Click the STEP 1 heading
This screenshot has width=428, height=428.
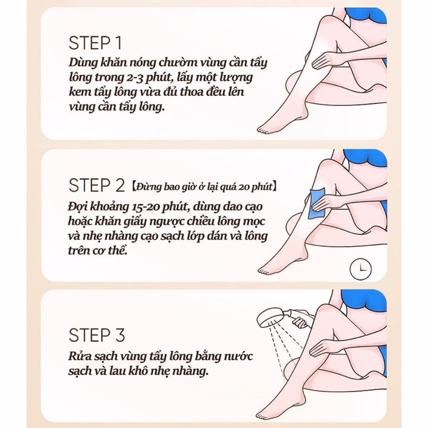coord(95,43)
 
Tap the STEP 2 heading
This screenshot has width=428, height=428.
coord(97,185)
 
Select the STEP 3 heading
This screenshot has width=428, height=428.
coord(97,335)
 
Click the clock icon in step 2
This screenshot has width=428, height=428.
coord(361,269)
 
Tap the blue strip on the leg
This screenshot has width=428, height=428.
coord(316,203)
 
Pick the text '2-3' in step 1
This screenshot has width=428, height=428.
coord(135,77)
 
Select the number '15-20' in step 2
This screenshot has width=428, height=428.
coord(144,207)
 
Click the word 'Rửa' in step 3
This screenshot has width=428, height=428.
coord(78,356)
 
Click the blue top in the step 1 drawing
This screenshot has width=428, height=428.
coord(365,17)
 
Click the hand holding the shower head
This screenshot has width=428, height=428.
coord(300,322)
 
